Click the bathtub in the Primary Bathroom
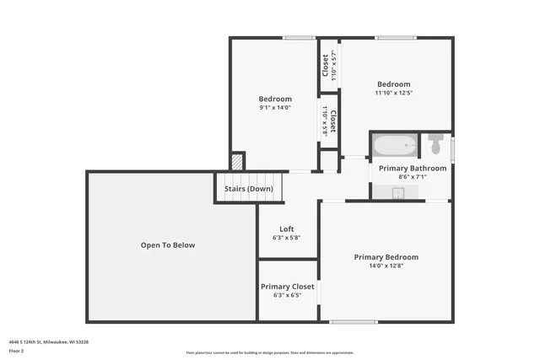tap(394, 146)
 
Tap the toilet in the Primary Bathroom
tap(435, 144)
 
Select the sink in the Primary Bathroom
tap(400, 193)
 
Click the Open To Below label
tap(167, 245)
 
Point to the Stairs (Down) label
tap(248, 189)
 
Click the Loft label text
tap(287, 228)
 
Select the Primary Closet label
tap(287, 287)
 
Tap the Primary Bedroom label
tap(386, 257)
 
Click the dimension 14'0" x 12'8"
tap(386, 266)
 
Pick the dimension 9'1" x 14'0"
tap(274, 108)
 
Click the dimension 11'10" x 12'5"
tap(393, 93)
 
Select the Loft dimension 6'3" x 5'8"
tap(287, 238)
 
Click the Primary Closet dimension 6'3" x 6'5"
tap(287, 296)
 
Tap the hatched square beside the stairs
tap(238, 160)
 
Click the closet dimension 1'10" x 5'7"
tap(333, 66)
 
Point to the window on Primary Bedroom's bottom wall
tap(353, 321)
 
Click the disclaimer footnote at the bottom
tap(270, 352)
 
